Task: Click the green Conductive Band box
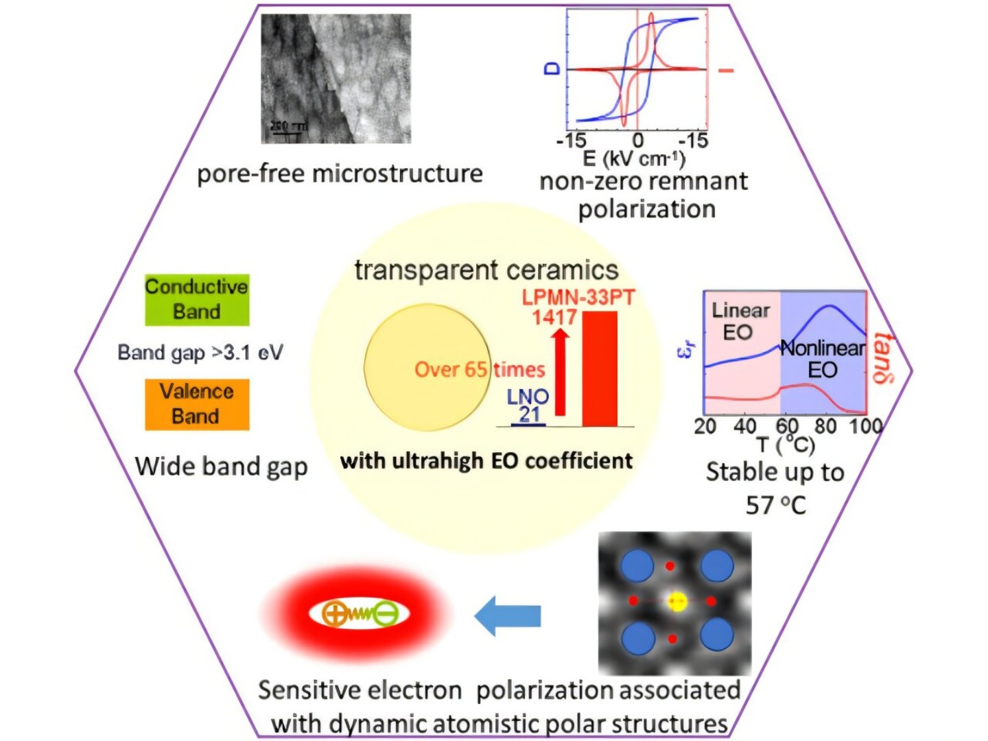[x=196, y=299]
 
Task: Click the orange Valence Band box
[x=196, y=404]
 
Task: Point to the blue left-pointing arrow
[x=508, y=615]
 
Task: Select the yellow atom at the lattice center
[x=677, y=602]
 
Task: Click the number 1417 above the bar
[x=554, y=317]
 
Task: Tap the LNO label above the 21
[x=528, y=397]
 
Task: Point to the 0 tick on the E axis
[x=637, y=141]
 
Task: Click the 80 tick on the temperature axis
[x=825, y=426]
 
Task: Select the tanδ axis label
[x=884, y=359]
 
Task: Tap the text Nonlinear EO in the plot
[x=823, y=358]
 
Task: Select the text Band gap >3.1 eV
[x=200, y=353]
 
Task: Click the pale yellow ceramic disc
[x=426, y=368]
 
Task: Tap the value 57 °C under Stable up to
[x=775, y=506]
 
